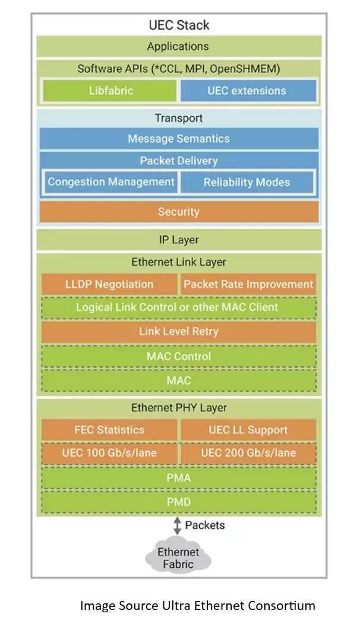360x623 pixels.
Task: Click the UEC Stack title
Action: coord(179,25)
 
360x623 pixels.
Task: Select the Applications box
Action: coord(179,46)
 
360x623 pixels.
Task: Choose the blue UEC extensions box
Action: coord(247,91)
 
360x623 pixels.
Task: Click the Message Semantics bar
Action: coord(179,139)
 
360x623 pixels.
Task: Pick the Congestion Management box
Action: coord(110,182)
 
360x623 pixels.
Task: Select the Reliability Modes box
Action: coord(247,182)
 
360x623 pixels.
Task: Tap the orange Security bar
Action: coord(179,212)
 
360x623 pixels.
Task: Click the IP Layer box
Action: coord(179,240)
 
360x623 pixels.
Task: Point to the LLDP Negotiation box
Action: coord(109,284)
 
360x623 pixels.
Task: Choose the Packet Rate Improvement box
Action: coord(248,284)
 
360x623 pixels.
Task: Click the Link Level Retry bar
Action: coord(179,332)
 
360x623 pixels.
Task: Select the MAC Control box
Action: coord(179,356)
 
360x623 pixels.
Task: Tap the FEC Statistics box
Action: coord(109,430)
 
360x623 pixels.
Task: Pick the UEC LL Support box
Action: coord(248,430)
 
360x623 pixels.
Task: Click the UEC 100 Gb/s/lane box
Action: coord(109,453)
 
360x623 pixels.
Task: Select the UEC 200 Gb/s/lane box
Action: coord(248,453)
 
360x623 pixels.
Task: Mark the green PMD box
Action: coord(179,502)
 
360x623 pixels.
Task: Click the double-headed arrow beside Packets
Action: coord(176,526)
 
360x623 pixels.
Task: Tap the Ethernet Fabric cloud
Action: coord(178,558)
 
